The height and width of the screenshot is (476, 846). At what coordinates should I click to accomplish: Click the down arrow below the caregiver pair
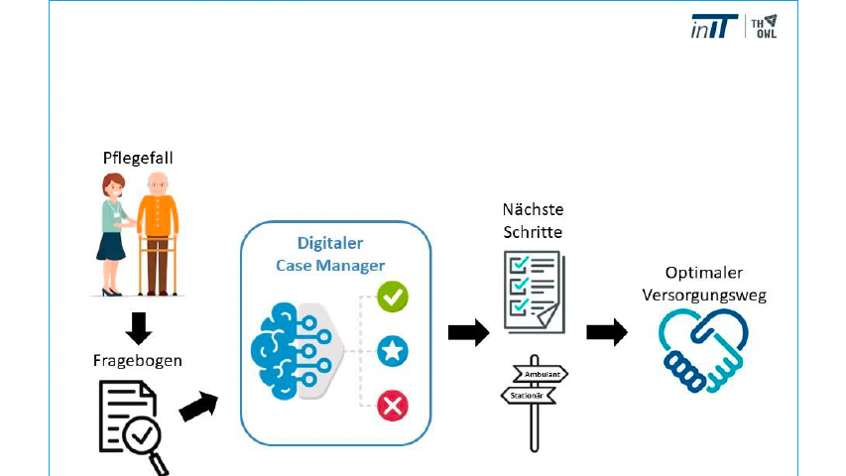(x=139, y=327)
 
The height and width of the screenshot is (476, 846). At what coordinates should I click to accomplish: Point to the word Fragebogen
(x=139, y=360)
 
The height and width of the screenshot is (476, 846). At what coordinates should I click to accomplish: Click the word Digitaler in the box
(x=330, y=244)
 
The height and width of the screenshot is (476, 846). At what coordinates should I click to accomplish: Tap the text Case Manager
(x=330, y=265)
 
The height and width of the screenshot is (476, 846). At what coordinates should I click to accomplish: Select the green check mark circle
(x=393, y=297)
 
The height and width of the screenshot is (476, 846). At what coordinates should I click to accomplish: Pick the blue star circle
(x=393, y=350)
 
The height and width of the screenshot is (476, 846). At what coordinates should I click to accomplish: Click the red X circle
(x=393, y=404)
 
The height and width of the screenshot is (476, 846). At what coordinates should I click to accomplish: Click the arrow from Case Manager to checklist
(x=468, y=332)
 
